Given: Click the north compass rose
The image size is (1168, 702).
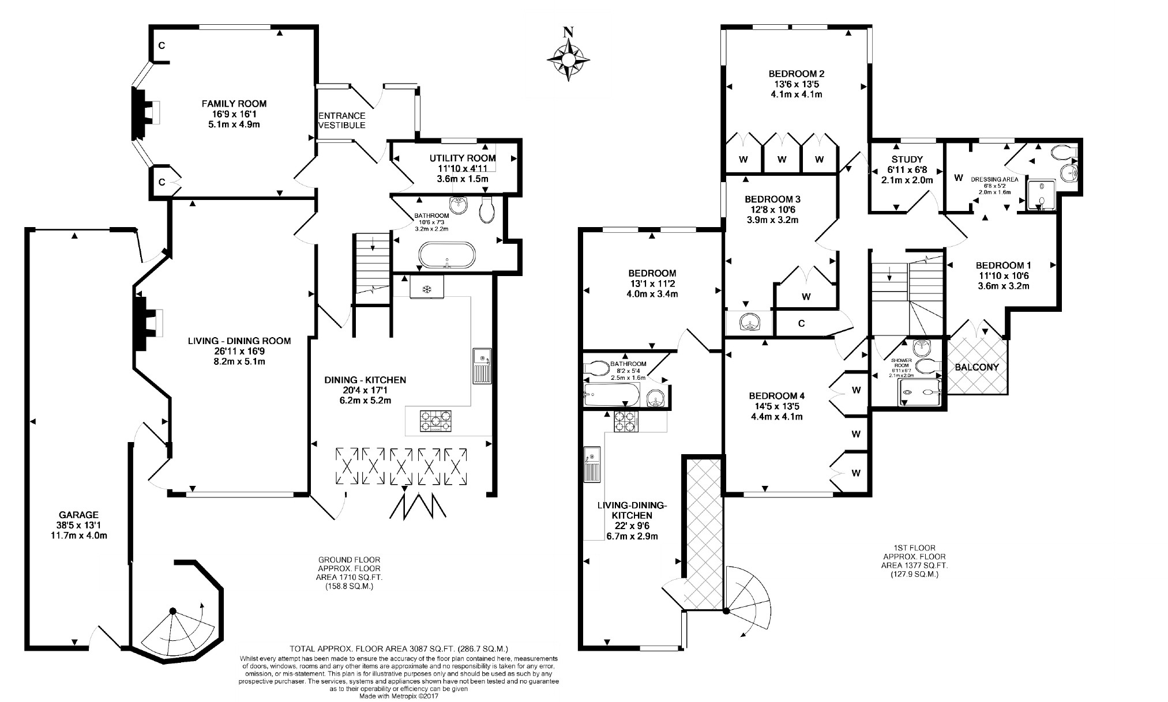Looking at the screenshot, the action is (568, 58).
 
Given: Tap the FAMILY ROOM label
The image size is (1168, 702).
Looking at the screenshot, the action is (234, 104).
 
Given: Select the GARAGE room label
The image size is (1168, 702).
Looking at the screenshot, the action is (78, 515).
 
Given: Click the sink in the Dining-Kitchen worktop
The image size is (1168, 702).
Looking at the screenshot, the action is (482, 366).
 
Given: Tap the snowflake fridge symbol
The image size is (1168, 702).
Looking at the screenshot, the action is (427, 288).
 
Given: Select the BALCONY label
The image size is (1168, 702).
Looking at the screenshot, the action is (977, 367).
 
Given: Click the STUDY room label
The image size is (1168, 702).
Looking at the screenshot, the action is (907, 159).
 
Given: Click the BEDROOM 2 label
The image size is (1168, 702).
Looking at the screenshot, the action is (796, 74).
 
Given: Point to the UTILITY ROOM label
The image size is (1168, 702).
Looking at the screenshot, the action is (463, 158).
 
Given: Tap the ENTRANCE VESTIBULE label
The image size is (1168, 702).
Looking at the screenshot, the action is (342, 120).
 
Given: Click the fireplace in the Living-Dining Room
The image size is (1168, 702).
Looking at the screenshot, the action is (147, 322).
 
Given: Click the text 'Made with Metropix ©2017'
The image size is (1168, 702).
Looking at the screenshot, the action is (399, 696).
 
